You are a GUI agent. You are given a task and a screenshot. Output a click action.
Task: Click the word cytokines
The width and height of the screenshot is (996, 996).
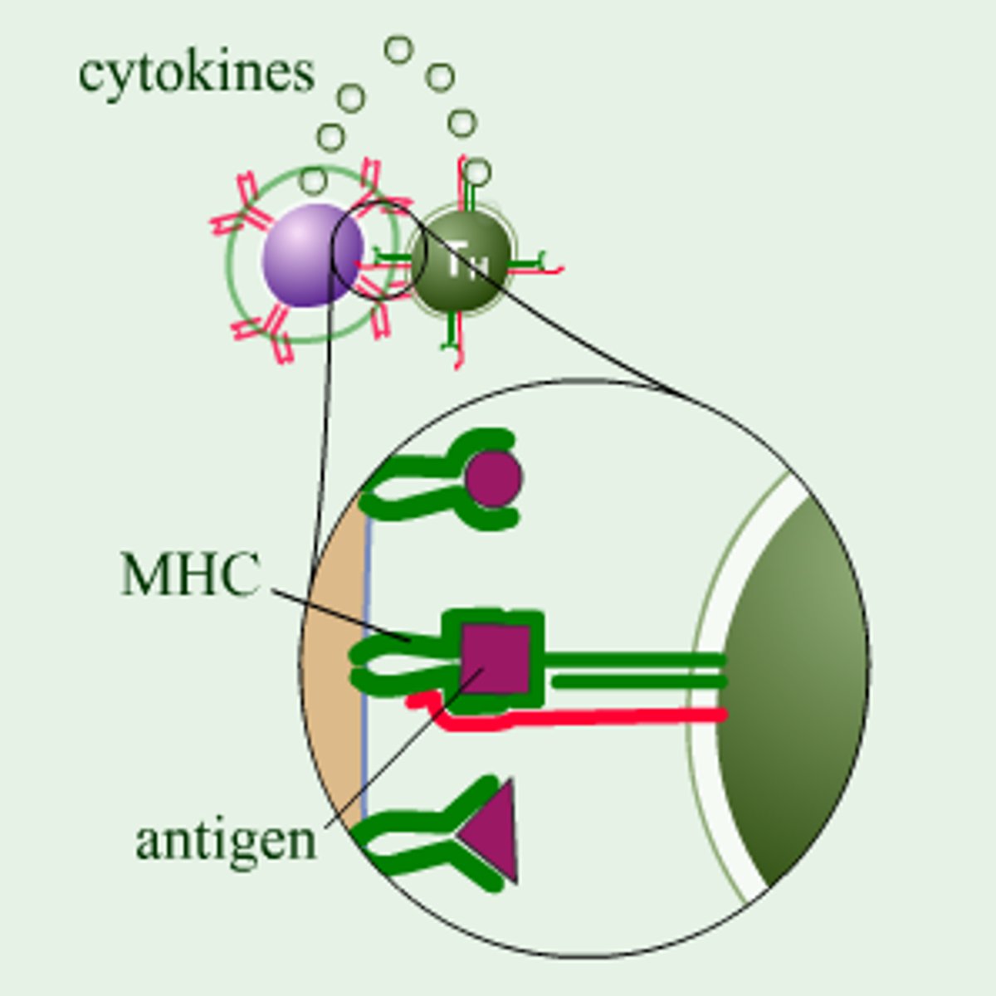pyautogui.click(x=197, y=73)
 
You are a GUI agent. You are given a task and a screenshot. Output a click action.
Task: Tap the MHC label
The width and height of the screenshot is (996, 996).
pyautogui.click(x=190, y=574)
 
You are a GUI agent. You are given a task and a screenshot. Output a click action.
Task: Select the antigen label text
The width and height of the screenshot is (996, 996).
pyautogui.click(x=226, y=841)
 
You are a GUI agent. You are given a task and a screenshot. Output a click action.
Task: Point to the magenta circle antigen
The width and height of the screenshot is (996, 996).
pyautogui.click(x=493, y=479)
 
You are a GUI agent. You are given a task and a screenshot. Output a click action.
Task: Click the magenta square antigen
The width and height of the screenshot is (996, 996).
pyautogui.click(x=496, y=658)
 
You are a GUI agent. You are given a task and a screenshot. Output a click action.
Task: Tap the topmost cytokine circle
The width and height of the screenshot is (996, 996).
pyautogui.click(x=398, y=50)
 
